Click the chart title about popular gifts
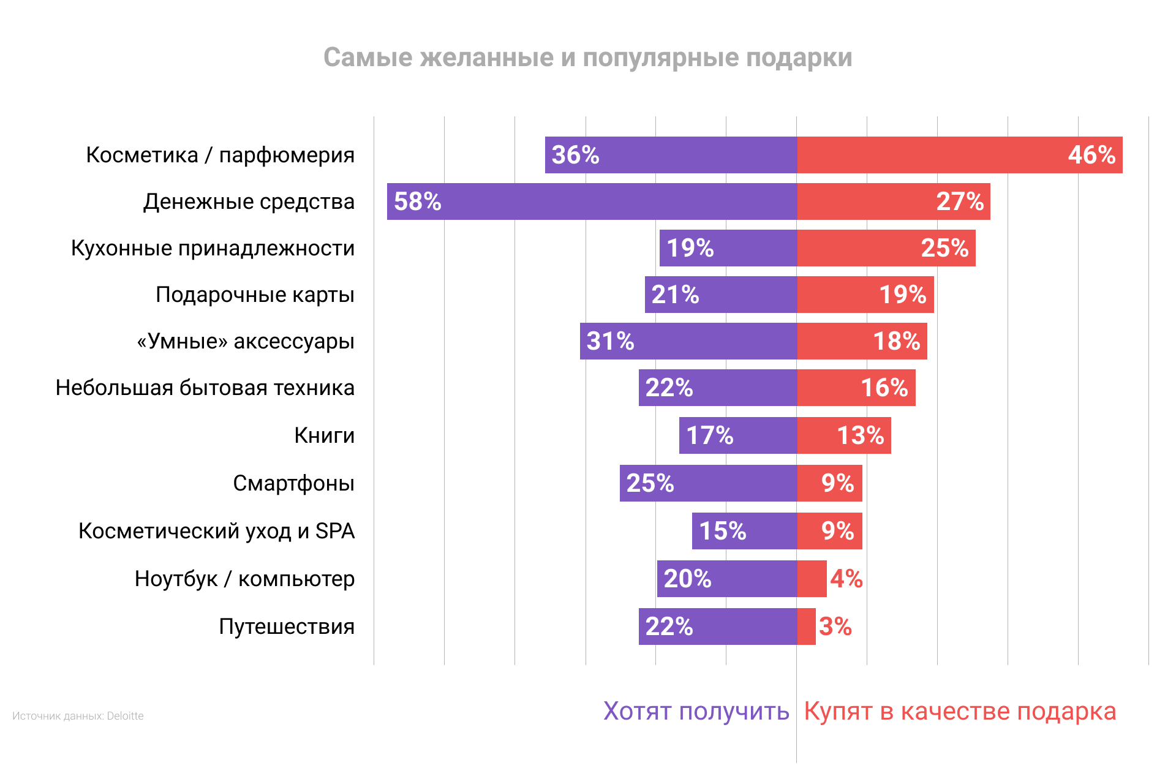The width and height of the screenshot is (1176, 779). click(587, 58)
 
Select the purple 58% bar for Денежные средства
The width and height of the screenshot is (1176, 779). click(592, 201)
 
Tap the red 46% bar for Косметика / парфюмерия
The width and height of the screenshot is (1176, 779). click(959, 155)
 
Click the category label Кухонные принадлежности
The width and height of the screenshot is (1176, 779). click(213, 248)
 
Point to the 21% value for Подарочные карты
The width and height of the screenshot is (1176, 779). click(675, 295)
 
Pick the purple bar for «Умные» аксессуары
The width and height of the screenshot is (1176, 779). click(688, 341)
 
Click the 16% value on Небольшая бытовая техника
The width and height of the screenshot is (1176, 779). click(884, 388)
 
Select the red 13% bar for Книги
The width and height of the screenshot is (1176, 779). click(844, 435)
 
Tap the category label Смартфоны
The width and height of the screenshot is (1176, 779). click(293, 483)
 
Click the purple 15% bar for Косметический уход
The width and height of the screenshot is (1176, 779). click(744, 531)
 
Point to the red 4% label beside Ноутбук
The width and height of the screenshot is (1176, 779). click(846, 579)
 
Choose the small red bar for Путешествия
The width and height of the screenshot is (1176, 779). click(806, 627)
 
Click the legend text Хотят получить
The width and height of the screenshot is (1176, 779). click(696, 711)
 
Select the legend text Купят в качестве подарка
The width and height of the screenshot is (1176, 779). click(960, 711)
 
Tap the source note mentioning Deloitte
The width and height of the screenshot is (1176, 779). click(78, 716)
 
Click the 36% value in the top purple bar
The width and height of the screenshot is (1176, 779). click(575, 155)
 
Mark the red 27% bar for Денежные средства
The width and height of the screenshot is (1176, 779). click(893, 201)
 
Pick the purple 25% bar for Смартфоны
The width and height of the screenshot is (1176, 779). click(708, 483)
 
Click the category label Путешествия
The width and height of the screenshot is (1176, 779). click(287, 627)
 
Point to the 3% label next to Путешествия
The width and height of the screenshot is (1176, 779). click(835, 627)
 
